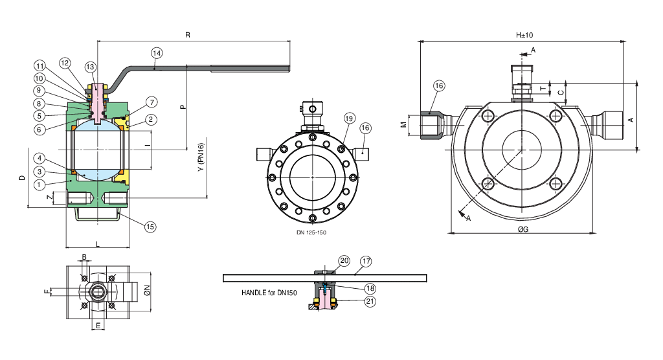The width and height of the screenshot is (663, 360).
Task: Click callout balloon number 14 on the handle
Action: tap(157, 52)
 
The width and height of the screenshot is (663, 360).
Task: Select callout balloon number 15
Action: tap(150, 227)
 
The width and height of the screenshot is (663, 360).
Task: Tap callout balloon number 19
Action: tap(350, 118)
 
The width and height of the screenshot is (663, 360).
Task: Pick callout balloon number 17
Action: tap(366, 262)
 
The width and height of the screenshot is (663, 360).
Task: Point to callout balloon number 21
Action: tap(370, 300)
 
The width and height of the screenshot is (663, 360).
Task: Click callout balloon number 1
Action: tap(40, 184)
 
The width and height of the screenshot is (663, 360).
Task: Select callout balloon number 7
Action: tap(151, 102)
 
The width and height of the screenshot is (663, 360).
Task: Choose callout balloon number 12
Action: tap(65, 63)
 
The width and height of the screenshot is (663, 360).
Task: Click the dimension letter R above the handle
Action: tap(188, 35)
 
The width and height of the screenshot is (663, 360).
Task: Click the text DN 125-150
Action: tap(311, 231)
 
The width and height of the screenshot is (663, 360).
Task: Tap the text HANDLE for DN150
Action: tap(269, 293)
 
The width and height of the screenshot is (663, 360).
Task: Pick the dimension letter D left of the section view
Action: tap(21, 177)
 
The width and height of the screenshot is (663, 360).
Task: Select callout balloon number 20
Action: tap(344, 261)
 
